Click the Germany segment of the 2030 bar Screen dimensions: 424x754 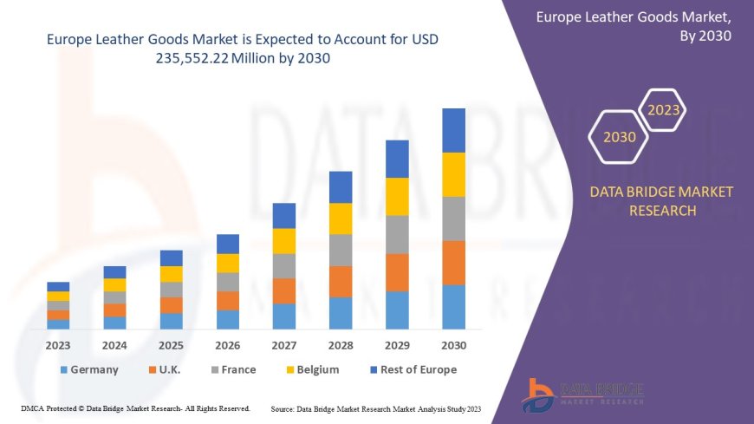click(x=453, y=307)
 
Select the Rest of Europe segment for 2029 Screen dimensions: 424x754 click(x=397, y=159)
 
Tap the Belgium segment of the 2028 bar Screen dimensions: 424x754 click(x=341, y=219)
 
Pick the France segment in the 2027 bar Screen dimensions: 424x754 click(x=284, y=265)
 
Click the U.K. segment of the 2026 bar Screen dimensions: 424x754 click(x=228, y=301)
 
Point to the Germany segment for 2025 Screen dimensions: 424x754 click(x=172, y=321)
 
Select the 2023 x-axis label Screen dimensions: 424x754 click(x=58, y=345)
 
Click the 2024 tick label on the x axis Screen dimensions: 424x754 click(x=114, y=345)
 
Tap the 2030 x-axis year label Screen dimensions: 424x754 click(x=453, y=345)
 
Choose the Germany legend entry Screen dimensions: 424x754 click(x=89, y=369)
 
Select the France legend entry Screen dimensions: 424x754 click(x=231, y=369)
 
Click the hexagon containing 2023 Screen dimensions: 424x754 click(x=664, y=110)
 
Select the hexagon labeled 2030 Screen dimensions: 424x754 click(x=619, y=137)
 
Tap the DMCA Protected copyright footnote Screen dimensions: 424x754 click(x=135, y=408)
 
